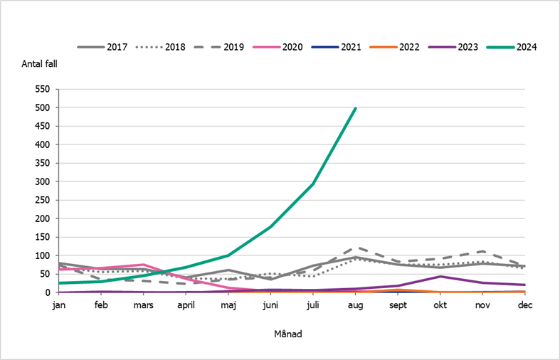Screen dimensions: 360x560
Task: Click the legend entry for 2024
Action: pyautogui.click(x=511, y=47)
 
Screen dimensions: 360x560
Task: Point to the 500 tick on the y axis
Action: pyautogui.click(x=45, y=108)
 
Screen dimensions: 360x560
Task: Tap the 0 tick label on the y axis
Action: pyautogui.click(x=50, y=293)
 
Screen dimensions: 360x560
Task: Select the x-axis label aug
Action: pyautogui.click(x=355, y=305)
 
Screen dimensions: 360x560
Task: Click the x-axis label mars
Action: pyautogui.click(x=144, y=305)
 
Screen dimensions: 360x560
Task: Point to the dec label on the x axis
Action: pyautogui.click(x=525, y=305)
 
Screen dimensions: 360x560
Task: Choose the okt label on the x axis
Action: pyautogui.click(x=440, y=305)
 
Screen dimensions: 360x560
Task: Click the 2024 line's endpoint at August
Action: pyautogui.click(x=355, y=108)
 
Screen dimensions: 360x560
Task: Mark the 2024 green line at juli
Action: pyautogui.click(x=313, y=184)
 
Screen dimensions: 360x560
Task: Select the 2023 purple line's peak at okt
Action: pyautogui.click(x=440, y=276)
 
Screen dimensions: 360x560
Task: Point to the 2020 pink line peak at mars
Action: pyautogui.click(x=144, y=265)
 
